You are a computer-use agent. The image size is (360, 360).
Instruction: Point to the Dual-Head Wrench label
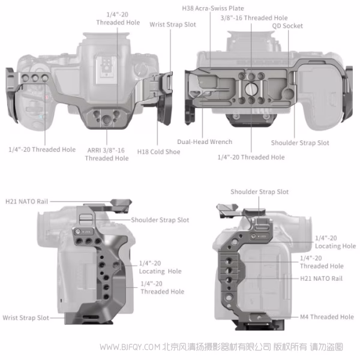[x=204, y=142]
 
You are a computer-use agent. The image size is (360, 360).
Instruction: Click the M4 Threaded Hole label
[x=327, y=317]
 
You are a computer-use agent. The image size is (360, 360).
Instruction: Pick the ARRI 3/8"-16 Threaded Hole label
[x=106, y=154]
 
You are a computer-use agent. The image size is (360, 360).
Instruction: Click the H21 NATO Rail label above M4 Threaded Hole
[x=321, y=278]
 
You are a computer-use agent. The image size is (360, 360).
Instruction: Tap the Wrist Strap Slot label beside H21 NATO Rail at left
[x=26, y=317]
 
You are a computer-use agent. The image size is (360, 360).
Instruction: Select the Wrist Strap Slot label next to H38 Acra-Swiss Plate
[x=173, y=25]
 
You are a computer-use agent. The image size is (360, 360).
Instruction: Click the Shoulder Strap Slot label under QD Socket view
[x=300, y=143]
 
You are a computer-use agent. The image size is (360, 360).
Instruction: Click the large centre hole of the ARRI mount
[x=106, y=121]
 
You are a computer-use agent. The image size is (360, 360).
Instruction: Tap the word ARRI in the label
[x=94, y=150]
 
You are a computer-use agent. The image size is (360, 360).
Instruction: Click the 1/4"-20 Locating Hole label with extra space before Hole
[x=160, y=267]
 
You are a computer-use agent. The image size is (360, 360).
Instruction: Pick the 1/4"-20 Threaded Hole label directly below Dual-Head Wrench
[x=251, y=157]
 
